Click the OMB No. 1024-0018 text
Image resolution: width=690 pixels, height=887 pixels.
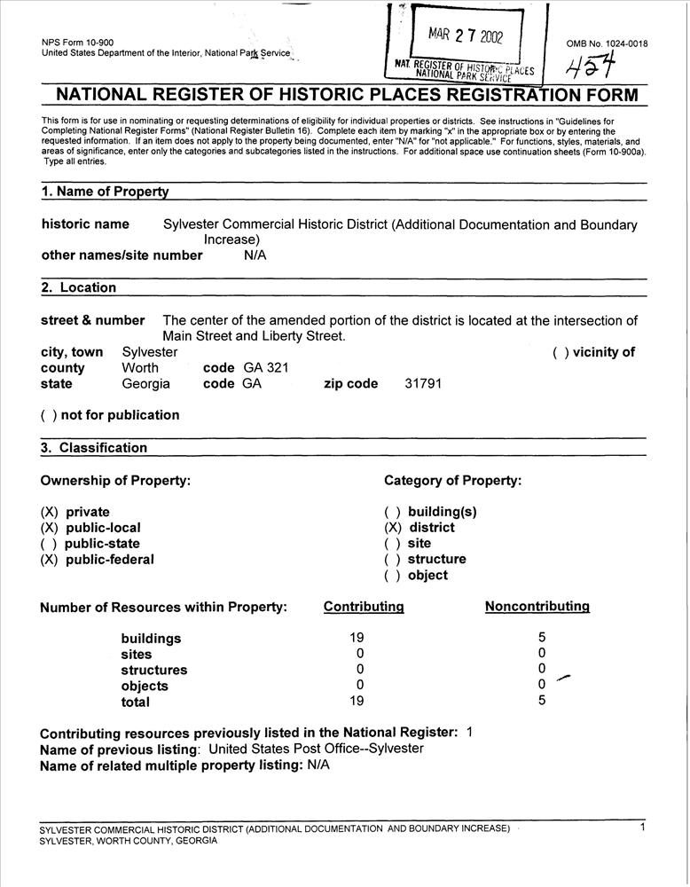click(607, 43)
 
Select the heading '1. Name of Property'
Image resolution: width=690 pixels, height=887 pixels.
click(105, 192)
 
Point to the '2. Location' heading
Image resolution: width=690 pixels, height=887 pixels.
click(78, 287)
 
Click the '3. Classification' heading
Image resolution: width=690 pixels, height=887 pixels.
click(94, 448)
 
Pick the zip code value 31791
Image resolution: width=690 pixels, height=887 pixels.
click(423, 384)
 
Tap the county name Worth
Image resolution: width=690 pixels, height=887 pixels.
click(140, 368)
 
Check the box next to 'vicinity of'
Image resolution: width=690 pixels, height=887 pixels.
click(561, 352)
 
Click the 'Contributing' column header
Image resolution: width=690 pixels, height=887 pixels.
click(364, 607)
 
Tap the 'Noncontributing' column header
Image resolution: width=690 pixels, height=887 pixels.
click(537, 607)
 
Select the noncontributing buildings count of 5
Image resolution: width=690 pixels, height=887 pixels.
click(542, 636)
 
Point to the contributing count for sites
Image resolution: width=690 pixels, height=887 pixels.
click(360, 654)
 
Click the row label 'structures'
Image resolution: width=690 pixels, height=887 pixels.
click(153, 671)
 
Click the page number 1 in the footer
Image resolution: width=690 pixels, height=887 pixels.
click(642, 828)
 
